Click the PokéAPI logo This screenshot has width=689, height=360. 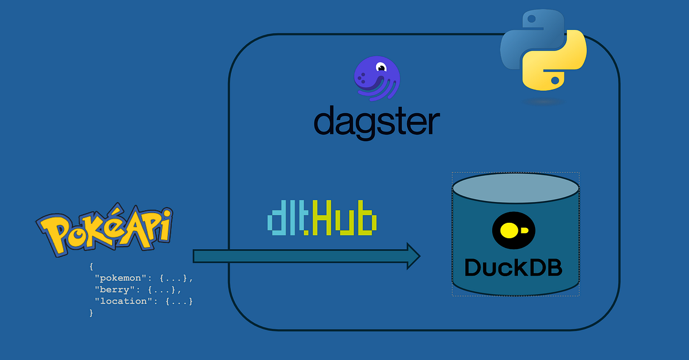104,230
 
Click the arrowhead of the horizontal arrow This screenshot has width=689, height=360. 413,256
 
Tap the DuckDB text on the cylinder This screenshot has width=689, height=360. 513,268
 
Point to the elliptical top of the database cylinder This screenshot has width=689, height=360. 515,188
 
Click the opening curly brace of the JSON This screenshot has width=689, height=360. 91,267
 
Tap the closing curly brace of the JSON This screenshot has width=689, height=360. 91,313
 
